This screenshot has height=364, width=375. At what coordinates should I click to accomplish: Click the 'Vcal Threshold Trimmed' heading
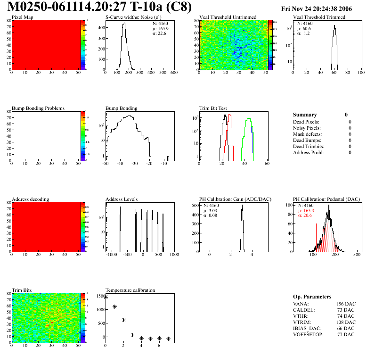click(319, 17)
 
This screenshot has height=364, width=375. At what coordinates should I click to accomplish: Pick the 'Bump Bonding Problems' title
click(38, 108)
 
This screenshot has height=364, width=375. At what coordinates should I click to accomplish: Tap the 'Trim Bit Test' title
click(213, 108)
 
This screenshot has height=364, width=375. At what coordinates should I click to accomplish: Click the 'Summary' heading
click(305, 115)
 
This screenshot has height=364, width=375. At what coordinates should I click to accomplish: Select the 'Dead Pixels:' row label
click(307, 122)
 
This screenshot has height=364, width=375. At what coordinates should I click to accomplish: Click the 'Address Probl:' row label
click(308, 153)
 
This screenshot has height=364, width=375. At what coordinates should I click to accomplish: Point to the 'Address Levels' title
click(122, 199)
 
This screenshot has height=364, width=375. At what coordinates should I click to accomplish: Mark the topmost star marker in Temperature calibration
click(106, 297)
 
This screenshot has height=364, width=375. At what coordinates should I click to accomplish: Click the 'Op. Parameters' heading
click(312, 297)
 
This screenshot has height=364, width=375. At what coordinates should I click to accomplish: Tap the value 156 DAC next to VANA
click(345, 304)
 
